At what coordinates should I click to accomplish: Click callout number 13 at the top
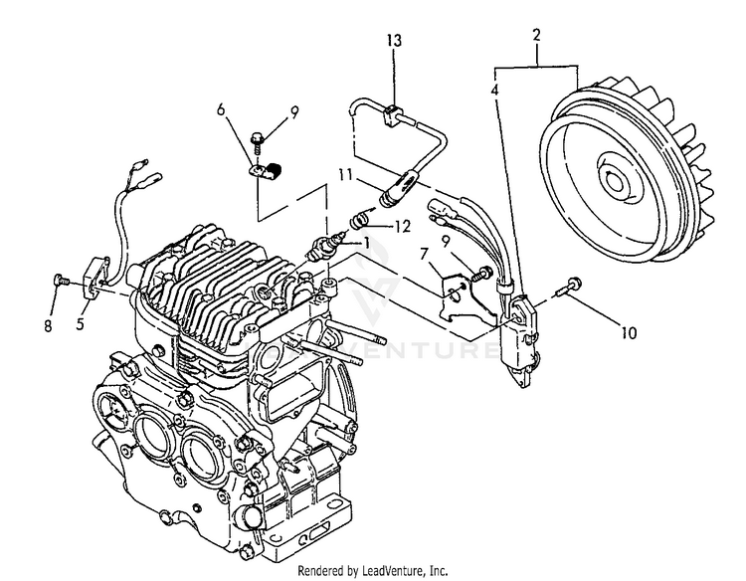[394, 40]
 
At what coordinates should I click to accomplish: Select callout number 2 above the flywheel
[537, 35]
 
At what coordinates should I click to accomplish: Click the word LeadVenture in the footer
[393, 571]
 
